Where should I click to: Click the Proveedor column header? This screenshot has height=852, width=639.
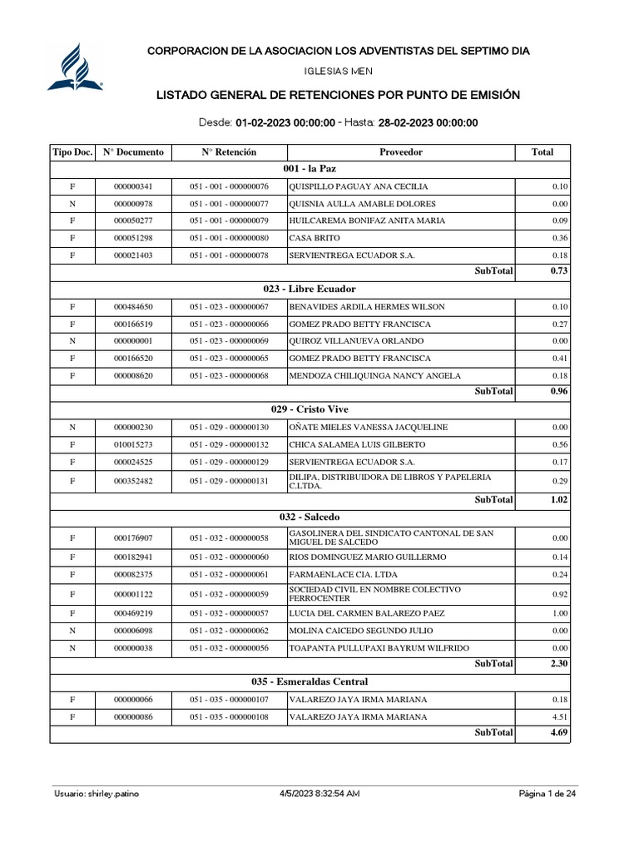[x=401, y=152]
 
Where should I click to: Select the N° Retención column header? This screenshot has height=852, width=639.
[x=229, y=152]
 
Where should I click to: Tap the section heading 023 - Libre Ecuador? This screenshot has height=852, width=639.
[x=309, y=289]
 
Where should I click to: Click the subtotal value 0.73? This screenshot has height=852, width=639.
[x=558, y=271]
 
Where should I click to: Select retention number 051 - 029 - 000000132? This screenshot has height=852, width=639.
[x=229, y=444]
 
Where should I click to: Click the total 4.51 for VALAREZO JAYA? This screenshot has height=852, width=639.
[x=559, y=716]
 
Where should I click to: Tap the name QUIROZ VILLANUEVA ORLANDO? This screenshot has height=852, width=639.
[x=356, y=341]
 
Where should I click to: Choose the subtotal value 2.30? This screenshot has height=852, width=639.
[x=558, y=665]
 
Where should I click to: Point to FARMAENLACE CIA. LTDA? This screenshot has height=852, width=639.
[x=343, y=574]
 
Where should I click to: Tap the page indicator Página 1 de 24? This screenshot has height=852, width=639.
[x=547, y=794]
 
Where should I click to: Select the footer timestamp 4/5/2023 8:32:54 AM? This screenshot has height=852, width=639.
[x=319, y=794]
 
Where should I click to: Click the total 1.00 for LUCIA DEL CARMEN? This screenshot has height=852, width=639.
[x=559, y=613]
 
